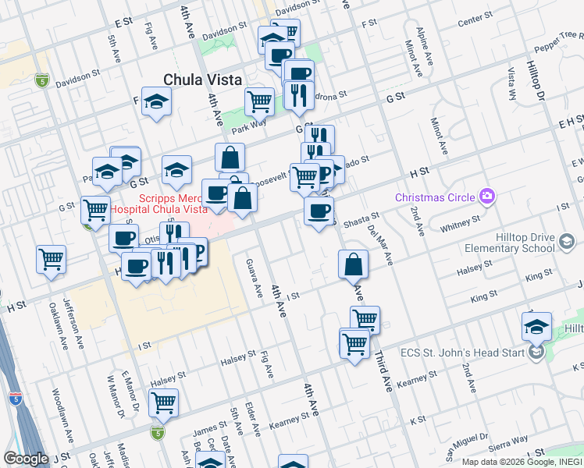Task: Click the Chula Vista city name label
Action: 202,80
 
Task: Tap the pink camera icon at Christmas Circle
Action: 488,196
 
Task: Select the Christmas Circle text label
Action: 435,197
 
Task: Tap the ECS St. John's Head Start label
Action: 474,353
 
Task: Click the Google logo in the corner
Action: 26,458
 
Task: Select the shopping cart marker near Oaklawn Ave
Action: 52,259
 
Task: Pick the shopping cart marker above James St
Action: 163,402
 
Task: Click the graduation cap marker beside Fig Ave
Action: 156,101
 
